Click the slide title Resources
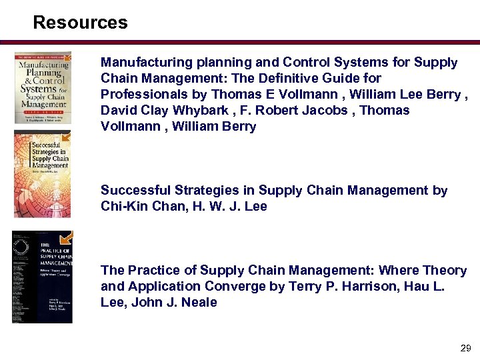[x=80, y=23]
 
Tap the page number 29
[x=465, y=349]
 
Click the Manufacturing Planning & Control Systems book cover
[x=43, y=87]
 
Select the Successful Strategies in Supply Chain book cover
[x=41, y=173]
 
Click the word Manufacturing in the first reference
[x=141, y=63]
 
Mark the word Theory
[x=443, y=271]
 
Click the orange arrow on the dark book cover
[x=65, y=238]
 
